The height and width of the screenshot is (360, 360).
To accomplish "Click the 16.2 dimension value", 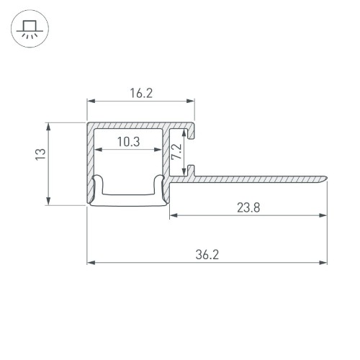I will tap(141, 93).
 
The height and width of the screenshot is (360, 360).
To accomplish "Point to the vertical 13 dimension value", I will tap(41, 153).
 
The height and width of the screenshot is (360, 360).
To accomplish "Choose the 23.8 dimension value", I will tap(248, 207).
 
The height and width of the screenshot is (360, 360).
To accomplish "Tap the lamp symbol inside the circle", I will tap(30, 30).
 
